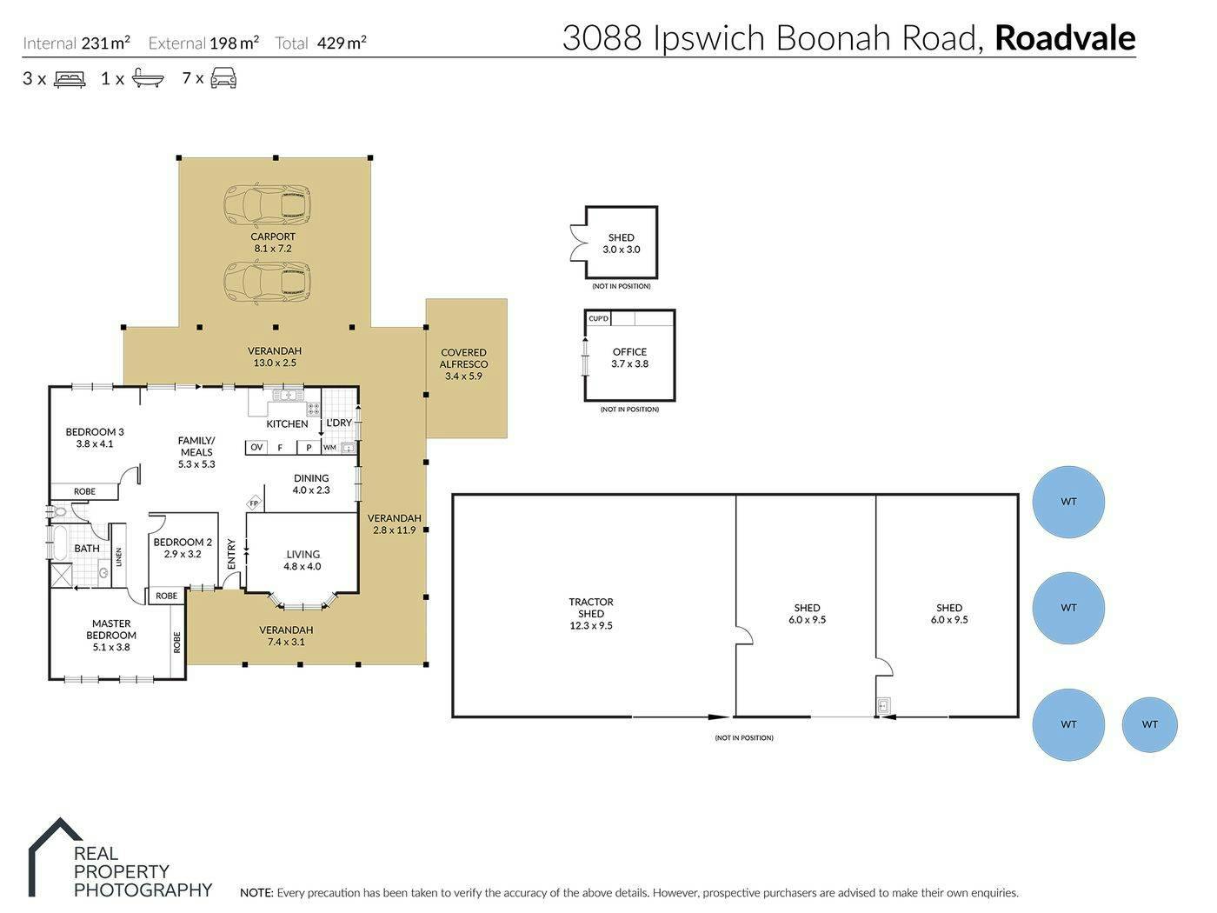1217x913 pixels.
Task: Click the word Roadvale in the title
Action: coord(1065,37)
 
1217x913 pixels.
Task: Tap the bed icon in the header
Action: coord(70,79)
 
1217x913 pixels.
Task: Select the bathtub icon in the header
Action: coord(148,78)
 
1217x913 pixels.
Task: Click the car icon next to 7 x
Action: coord(223,77)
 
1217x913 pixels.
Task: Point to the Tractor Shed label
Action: coord(591,608)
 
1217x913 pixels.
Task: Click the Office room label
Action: coord(629,351)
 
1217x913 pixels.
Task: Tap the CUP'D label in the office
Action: coord(598,318)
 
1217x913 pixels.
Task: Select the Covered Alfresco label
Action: coord(463,358)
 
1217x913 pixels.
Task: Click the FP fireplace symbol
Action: coord(254,503)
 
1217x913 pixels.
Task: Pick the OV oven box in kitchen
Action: coord(256,447)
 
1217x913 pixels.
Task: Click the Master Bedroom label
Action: coord(111,630)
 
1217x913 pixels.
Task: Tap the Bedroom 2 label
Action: coord(183,542)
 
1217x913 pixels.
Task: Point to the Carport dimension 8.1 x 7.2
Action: coord(273,249)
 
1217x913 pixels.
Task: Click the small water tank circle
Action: coord(1149,724)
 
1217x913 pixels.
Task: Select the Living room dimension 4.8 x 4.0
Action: coord(303,566)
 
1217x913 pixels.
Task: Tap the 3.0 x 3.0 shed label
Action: coord(621,250)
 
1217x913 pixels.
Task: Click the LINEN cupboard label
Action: coord(118,556)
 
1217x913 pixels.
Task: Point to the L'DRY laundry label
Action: coord(339,423)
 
